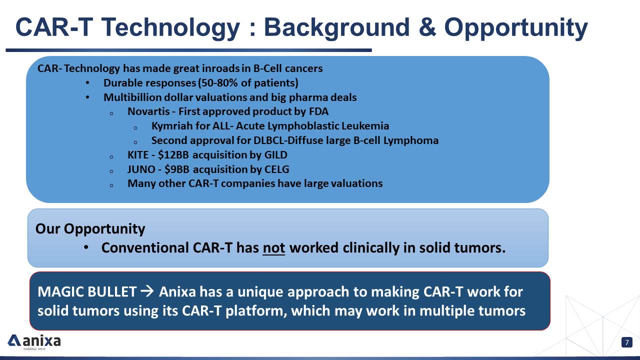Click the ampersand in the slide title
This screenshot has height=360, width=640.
pos(427,27)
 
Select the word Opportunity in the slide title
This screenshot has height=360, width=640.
pos(515,28)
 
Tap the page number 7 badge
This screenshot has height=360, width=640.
pos(627,342)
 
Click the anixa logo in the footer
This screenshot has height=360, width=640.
pos(34,341)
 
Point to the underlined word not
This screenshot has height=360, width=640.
pos(273,247)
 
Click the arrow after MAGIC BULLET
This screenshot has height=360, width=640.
pos(147,291)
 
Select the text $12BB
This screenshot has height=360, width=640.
pos(173,155)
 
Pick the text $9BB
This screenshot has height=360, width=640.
pos(177,169)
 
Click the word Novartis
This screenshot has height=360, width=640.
pos(148,111)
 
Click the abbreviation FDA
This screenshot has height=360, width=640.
pos(318,111)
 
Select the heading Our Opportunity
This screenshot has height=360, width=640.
pos(90,229)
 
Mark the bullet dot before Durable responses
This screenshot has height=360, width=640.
pos(87,83)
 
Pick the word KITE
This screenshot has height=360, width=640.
pos(138,155)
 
